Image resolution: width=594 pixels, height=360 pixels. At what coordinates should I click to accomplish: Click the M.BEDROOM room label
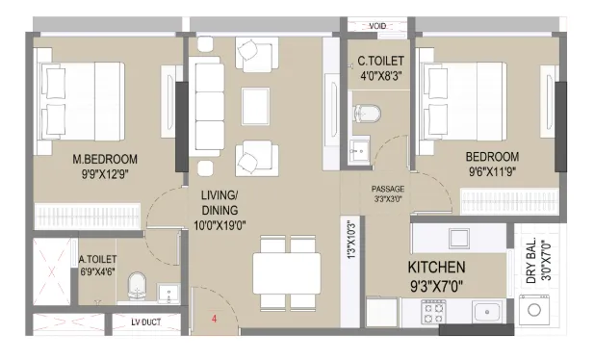point(105,159)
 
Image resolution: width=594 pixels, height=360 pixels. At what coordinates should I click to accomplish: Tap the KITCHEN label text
point(436,268)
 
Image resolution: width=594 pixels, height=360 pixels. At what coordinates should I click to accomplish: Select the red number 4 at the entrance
point(214,319)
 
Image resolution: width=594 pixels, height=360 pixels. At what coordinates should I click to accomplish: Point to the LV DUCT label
point(146,322)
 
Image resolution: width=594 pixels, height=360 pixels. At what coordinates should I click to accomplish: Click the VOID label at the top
point(377,26)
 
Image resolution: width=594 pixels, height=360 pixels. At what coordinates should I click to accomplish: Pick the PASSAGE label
point(388,189)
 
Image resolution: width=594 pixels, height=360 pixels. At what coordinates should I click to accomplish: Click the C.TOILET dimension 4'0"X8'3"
point(380,76)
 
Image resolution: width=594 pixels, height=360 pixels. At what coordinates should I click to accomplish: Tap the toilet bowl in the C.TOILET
point(367,113)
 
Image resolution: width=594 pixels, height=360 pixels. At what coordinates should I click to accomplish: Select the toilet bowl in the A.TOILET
point(137,286)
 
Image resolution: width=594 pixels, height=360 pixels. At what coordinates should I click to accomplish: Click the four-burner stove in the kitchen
point(434,312)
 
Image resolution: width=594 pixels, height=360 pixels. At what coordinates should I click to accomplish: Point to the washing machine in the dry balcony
point(534,310)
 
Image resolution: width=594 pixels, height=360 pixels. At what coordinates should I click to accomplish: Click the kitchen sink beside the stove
point(487,312)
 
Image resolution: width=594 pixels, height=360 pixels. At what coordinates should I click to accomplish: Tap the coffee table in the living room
point(256,107)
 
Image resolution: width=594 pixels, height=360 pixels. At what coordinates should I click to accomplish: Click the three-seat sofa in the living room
point(206,107)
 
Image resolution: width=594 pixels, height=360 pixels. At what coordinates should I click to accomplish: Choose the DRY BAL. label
point(531,261)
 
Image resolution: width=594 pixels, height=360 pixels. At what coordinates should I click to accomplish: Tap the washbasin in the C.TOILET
point(359,151)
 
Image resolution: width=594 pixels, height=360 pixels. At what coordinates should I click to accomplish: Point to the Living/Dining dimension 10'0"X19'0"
point(220,226)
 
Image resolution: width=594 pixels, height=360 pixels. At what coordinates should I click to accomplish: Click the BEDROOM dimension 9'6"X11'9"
point(493,171)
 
